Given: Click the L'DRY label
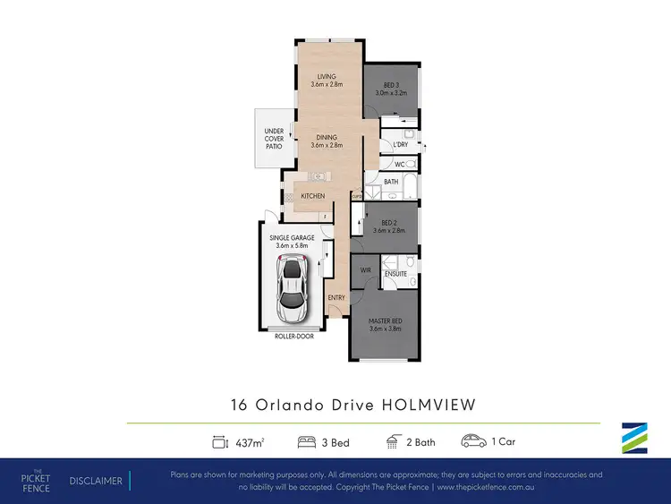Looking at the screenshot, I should coord(401,144).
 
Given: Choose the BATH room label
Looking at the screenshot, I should coord(392,182).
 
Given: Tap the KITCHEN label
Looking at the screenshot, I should coord(312,196).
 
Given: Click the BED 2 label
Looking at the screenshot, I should coord(389,225).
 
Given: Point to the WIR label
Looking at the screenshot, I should coord(366,269).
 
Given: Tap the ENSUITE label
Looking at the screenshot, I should coord(396,274).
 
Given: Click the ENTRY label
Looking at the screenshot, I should coord(336,298).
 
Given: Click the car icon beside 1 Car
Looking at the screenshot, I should coord(473,440).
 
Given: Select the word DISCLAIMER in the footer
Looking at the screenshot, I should coord(96,481).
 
